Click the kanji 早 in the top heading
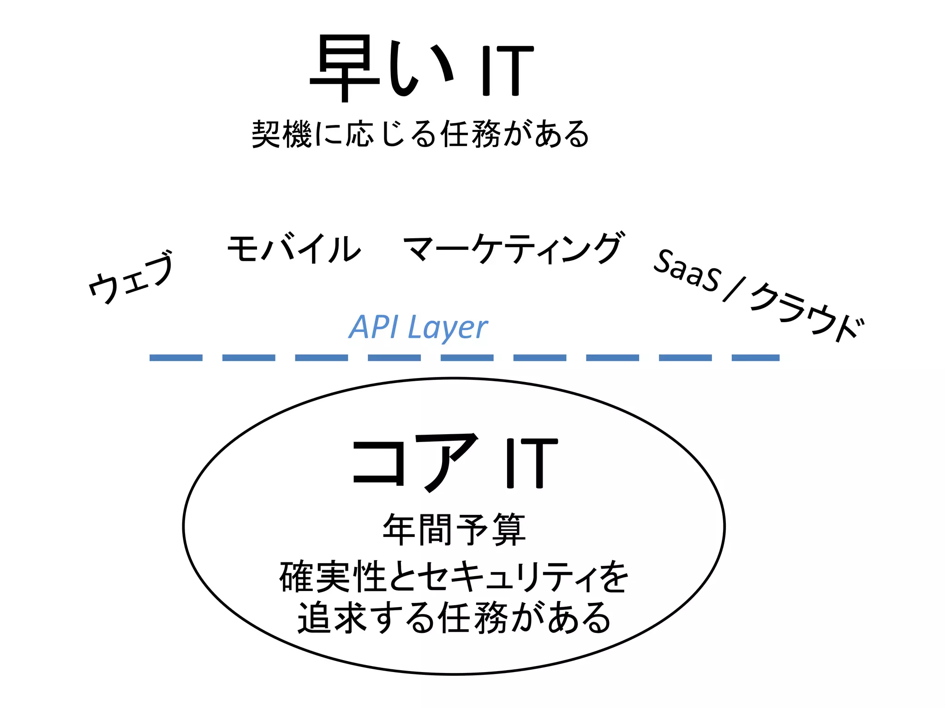(345, 69)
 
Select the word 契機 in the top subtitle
(281, 134)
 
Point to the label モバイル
(294, 249)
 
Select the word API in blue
(373, 327)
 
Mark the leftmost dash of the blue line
(176, 358)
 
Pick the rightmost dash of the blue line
(755, 358)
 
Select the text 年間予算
(454, 530)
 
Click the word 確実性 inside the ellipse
(333, 577)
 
